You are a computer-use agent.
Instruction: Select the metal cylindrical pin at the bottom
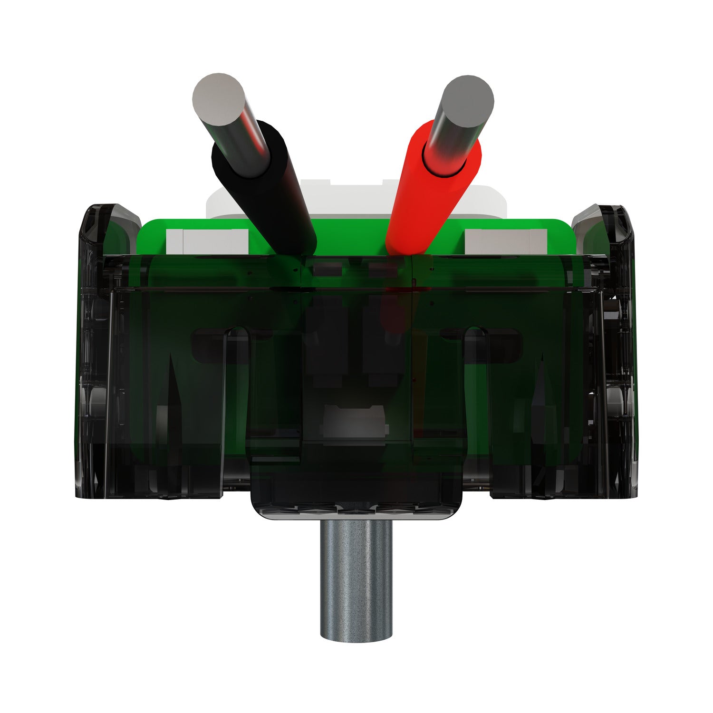coord(356,580)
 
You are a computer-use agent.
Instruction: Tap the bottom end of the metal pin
coord(356,635)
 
